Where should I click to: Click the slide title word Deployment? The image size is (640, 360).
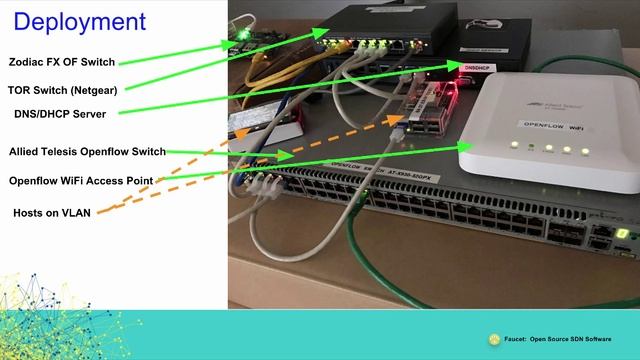(80, 21)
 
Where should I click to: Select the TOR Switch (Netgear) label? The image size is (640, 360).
(63, 88)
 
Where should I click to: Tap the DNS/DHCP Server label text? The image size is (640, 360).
(61, 115)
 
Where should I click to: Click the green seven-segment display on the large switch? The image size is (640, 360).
(622, 233)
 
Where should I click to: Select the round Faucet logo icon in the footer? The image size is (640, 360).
(494, 339)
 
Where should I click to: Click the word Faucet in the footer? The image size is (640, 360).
(516, 339)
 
